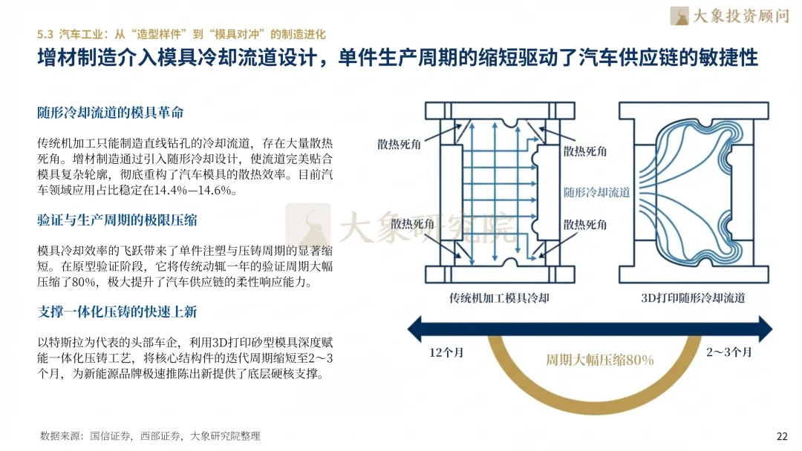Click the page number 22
click(x=781, y=435)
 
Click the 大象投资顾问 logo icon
click(x=679, y=16)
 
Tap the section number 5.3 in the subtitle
click(x=45, y=34)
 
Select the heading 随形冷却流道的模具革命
click(x=110, y=113)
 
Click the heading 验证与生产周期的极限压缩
click(x=117, y=220)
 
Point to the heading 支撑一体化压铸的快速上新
click(x=117, y=312)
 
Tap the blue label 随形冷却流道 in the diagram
click(x=596, y=192)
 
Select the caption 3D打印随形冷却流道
click(x=692, y=298)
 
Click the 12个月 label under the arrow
click(x=446, y=352)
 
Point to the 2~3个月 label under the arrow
click(x=728, y=352)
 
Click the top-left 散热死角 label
click(x=399, y=144)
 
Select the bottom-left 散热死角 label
click(x=414, y=224)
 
